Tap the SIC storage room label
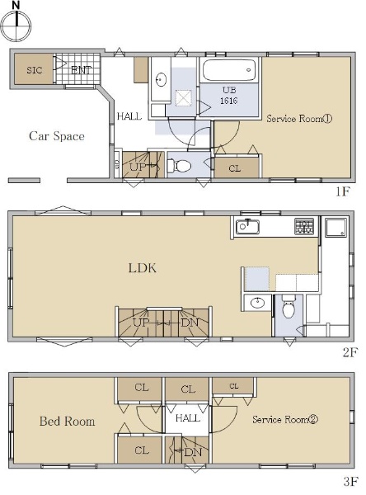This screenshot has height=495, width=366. pos(35,70)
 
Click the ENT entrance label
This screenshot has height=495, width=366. pos(81,70)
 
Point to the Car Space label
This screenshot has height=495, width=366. pos(57,136)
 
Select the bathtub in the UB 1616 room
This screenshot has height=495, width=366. pos(229,70)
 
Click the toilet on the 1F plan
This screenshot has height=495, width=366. pos(179,166)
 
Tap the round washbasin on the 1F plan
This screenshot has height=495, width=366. pos(162,79)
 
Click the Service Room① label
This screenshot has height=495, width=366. pos(299,119)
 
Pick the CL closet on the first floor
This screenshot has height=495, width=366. pos(234,168)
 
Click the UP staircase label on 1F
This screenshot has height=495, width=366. pos(138,167)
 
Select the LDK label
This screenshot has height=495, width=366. pos(143,268)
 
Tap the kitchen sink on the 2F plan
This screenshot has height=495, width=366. pos(248,226)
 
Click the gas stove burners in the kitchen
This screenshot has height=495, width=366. pos(304,226)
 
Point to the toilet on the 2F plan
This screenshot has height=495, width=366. pos(288,306)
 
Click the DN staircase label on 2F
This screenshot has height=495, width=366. pos(190,323)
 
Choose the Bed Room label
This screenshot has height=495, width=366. pos(67,421)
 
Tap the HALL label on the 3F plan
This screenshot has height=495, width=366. pos(188,418)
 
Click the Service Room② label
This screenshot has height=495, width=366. pos(285,420)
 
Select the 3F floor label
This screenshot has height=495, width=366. pos(350,482)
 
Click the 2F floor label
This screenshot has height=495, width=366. pos(350,352)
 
